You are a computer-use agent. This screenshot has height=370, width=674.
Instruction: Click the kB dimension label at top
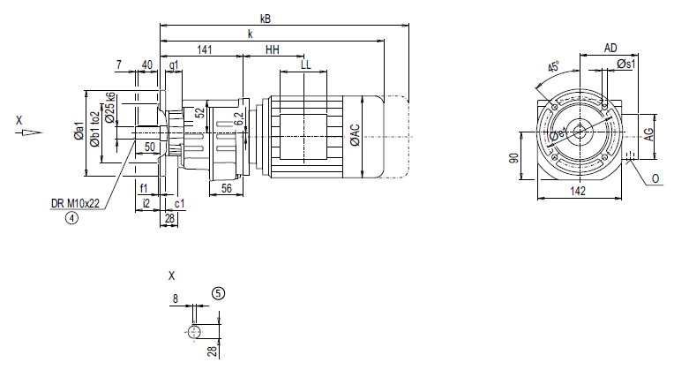coord(266,18)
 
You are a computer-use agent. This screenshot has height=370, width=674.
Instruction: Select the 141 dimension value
coord(205,50)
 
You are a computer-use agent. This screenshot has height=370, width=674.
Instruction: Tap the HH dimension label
coord(273,50)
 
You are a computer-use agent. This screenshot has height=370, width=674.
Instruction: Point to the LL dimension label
coord(305,65)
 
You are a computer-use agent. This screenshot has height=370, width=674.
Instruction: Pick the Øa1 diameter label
coord(79,133)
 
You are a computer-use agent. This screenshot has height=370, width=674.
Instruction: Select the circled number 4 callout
coord(71,220)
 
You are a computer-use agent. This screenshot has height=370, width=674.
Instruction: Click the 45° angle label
coord(553,69)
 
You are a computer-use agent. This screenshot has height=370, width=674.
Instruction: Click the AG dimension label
coord(648,134)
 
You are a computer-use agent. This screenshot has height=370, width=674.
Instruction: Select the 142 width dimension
coord(578,191)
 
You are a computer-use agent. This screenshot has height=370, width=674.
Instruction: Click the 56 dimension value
coord(227,188)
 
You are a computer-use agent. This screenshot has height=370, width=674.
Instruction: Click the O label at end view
coord(656,177)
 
